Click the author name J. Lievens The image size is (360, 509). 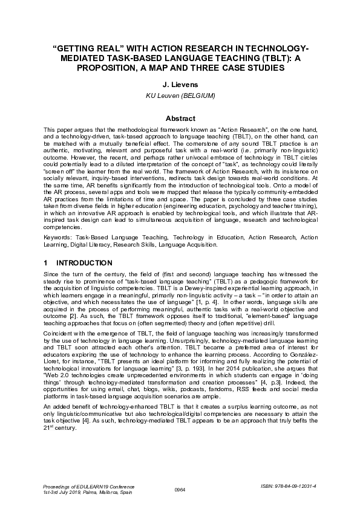tap(180, 85)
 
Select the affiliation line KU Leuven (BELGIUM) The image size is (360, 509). tap(180, 96)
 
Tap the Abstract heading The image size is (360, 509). tap(180, 119)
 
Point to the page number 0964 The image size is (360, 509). tap(180, 489)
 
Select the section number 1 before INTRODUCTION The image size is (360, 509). tap(47, 264)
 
